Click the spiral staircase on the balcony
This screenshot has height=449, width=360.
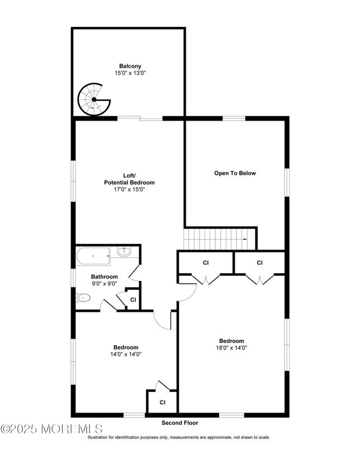click(94, 99)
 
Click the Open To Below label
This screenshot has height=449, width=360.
click(235, 173)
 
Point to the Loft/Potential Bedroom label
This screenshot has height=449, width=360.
click(129, 179)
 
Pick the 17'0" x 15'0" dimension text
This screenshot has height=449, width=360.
click(129, 190)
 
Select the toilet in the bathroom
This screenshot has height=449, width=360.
click(83, 298)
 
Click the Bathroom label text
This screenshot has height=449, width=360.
click(105, 276)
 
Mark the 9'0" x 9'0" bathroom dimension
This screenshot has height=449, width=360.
click(105, 284)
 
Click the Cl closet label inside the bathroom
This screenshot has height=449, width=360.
click(132, 299)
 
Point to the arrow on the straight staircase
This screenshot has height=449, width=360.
click(245, 239)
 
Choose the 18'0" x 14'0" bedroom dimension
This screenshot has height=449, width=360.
click(231, 348)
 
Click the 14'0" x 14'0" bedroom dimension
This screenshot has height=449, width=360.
click(126, 354)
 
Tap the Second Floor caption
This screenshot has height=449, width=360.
click(179, 423)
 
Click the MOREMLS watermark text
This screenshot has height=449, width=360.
click(51, 429)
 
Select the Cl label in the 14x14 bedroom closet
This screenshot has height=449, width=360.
click(162, 402)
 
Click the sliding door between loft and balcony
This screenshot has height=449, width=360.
click(140, 118)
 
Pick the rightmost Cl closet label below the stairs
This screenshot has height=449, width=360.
click(259, 262)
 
